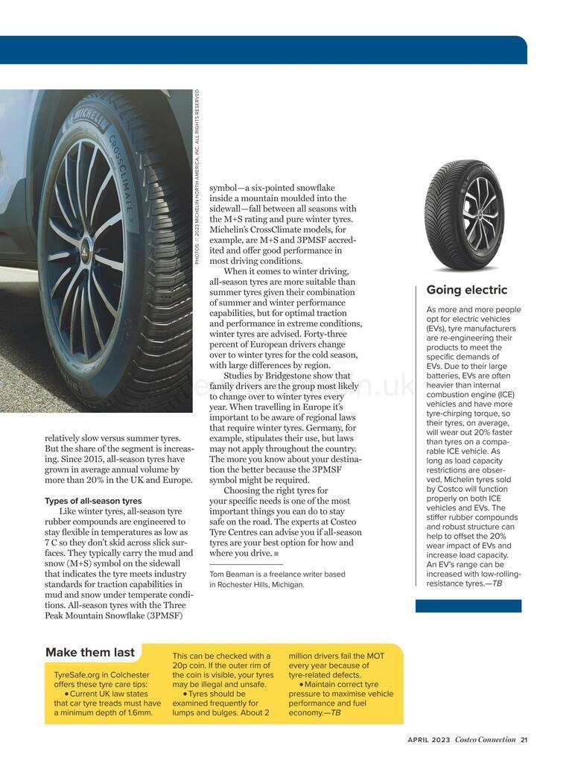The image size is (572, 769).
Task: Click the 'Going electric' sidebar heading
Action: point(466,290)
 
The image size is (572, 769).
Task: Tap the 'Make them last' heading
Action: point(89,652)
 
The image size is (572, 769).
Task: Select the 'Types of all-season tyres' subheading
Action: point(93,501)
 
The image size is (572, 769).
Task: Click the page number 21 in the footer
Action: point(524,740)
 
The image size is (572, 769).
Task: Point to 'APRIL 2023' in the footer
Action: point(429,740)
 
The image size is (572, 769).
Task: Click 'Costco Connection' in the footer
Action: point(486,740)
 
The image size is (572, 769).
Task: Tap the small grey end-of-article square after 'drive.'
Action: point(276,554)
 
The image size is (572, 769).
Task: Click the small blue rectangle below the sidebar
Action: point(468,606)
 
